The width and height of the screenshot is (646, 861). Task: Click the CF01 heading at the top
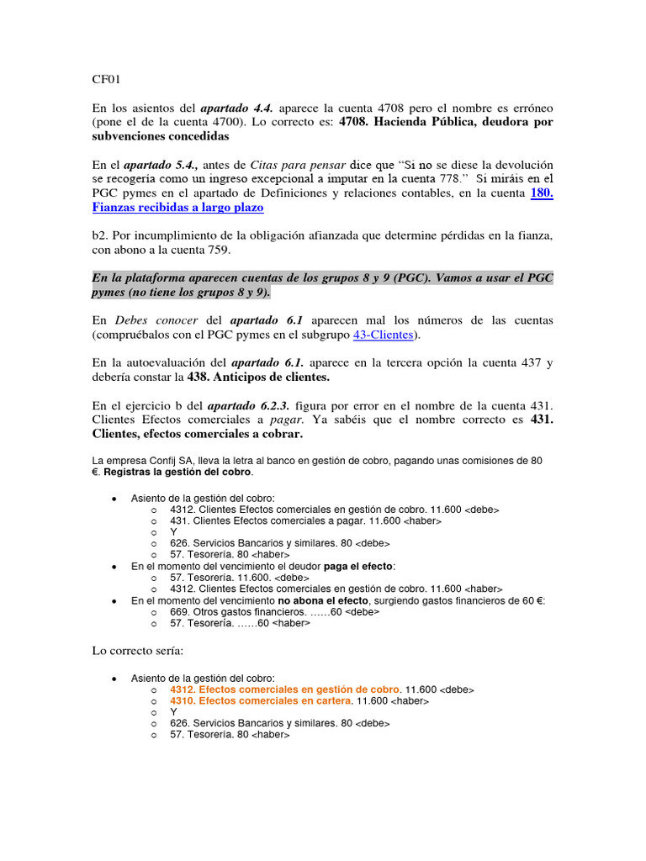[106, 80]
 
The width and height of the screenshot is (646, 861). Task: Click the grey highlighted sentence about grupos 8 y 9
[322, 285]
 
